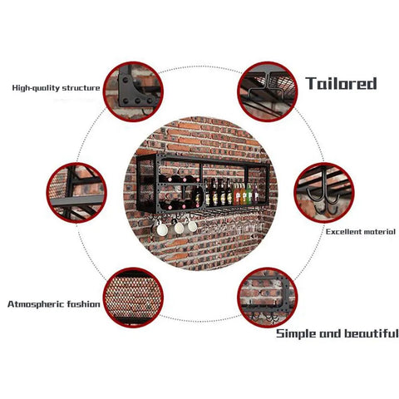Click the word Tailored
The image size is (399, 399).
[x=341, y=83]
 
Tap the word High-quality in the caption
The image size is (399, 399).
[x=36, y=88]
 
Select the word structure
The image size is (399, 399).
[x=81, y=88]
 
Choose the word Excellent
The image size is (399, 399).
[x=343, y=232]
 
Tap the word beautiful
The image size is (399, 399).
[x=372, y=332]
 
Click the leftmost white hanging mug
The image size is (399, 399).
[x=162, y=229]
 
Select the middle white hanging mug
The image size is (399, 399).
[x=180, y=228]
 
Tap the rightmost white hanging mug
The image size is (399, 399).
[x=192, y=226]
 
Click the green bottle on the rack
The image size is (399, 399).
[x=249, y=194]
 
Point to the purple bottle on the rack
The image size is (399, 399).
[x=255, y=194]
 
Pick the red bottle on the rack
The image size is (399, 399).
[x=237, y=195]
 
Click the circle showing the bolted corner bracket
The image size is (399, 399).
[x=133, y=91]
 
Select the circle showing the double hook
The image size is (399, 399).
[x=324, y=193]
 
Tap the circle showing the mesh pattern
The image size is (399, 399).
[x=133, y=298]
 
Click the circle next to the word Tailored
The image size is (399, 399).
[x=268, y=91]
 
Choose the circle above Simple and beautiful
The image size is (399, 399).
[x=268, y=298]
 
